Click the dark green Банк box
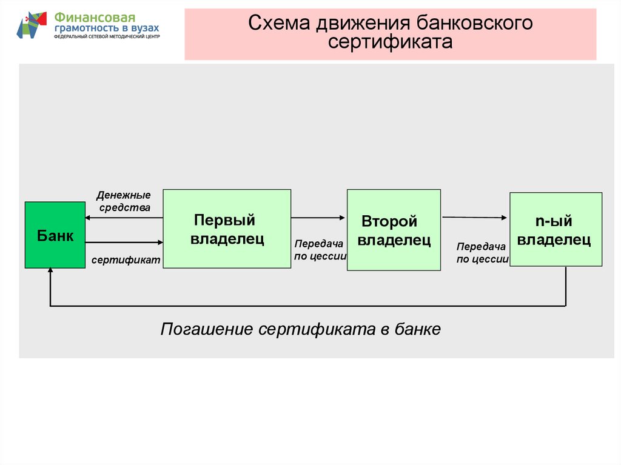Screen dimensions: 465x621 55,235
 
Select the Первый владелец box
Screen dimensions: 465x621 227,229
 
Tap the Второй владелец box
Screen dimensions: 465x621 393,230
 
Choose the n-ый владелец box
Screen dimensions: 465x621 556,229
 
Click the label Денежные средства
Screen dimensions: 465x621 123,201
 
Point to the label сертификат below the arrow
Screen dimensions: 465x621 126,259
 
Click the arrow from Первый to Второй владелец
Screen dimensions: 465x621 318,217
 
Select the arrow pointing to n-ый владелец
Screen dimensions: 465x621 475,216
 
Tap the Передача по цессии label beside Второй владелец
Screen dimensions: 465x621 320,249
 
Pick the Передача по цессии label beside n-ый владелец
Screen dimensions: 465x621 482,252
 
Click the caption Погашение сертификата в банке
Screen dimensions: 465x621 300,330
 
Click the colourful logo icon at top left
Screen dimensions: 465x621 32,25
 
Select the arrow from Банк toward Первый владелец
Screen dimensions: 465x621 124,243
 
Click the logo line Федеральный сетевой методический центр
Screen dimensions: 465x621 107,37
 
